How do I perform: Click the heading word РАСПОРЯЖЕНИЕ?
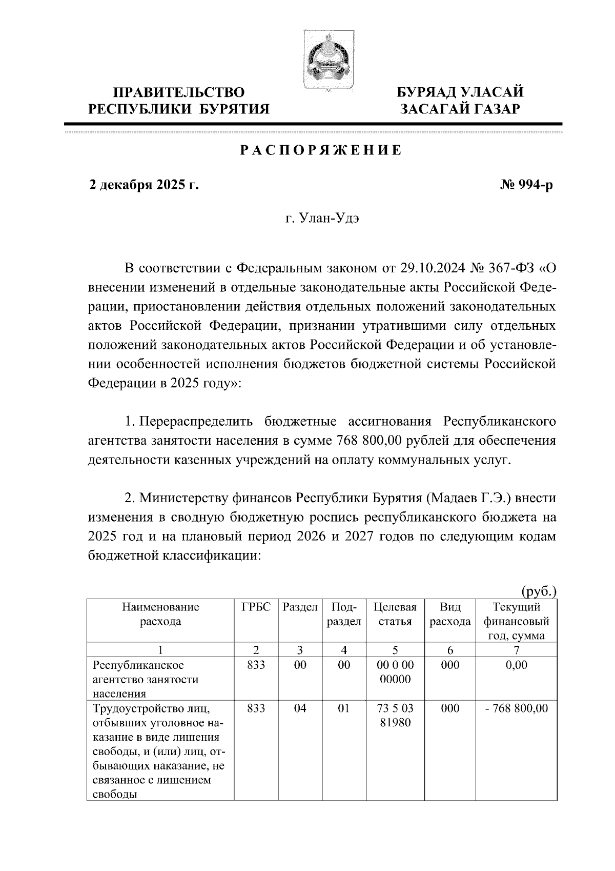click(x=321, y=151)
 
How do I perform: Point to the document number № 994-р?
click(x=526, y=185)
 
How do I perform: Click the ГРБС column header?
click(x=256, y=608)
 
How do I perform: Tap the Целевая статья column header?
click(x=395, y=615)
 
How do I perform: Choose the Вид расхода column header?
click(x=450, y=615)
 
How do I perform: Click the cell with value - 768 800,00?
click(x=517, y=708)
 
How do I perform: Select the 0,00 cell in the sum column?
click(x=517, y=665)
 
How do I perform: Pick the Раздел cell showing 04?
click(x=300, y=708)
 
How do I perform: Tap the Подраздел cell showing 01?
click(x=344, y=708)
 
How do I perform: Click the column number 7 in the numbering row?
click(x=517, y=650)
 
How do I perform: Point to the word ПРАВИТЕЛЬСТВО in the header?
click(x=179, y=93)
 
